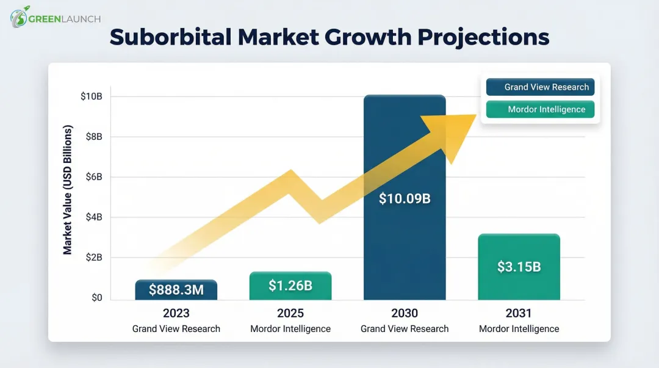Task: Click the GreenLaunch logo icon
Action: (x=20, y=17)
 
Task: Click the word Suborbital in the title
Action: (x=170, y=37)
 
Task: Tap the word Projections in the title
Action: (x=483, y=37)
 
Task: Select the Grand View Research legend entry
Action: (x=540, y=87)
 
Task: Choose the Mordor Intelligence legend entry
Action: (x=540, y=110)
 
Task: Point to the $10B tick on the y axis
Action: (x=91, y=96)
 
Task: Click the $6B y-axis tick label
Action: (x=93, y=177)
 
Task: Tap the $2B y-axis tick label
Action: (x=93, y=258)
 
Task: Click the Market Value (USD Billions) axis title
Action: (x=68, y=190)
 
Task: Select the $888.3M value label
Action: (x=176, y=290)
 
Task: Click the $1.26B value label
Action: (x=290, y=285)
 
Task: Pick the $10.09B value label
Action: (x=405, y=198)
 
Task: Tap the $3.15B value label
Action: (x=519, y=267)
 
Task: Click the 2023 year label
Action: (x=176, y=314)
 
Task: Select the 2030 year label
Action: (x=405, y=314)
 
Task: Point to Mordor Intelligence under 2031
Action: (x=519, y=329)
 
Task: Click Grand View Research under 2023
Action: (x=176, y=329)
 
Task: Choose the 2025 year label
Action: (x=290, y=314)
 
